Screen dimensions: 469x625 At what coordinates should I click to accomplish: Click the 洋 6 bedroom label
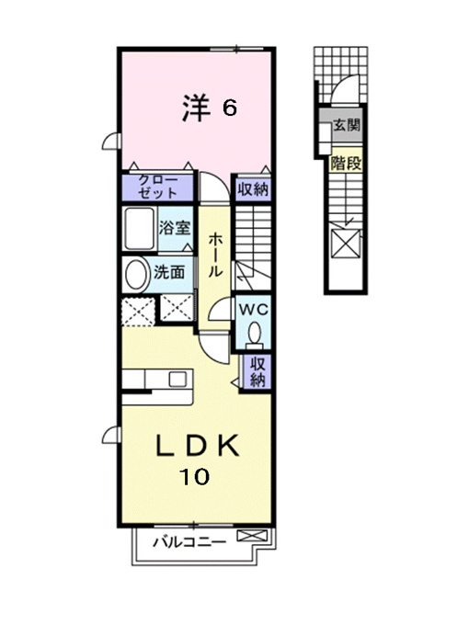point(210,108)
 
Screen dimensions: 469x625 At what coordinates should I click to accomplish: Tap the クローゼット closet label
point(158,187)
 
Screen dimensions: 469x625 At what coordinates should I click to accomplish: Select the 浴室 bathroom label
point(175,228)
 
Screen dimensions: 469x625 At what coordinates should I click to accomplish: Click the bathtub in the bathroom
point(139,229)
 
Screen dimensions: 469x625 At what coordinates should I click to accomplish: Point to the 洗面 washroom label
point(169,272)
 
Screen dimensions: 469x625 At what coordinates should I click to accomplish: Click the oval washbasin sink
point(135,275)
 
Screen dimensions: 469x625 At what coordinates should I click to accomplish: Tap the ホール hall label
point(215,256)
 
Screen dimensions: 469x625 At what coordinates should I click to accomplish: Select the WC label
point(253,310)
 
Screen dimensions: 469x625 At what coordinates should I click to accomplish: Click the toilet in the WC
point(254,335)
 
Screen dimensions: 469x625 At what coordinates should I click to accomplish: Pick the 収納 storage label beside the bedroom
point(253,189)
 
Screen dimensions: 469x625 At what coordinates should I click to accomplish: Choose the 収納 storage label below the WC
point(257,371)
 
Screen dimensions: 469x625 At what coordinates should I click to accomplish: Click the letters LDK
point(198,446)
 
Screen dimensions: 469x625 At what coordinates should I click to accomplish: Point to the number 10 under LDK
point(194,476)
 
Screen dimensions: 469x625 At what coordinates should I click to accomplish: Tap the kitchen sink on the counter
point(177,379)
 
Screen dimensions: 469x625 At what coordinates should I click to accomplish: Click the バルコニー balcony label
point(189,542)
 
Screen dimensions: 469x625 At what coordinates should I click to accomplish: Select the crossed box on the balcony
point(252,535)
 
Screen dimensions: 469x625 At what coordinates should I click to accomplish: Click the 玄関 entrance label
point(346,125)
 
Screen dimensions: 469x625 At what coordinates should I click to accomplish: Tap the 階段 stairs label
point(346,164)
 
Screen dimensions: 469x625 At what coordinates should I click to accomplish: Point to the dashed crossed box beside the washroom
point(138,311)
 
